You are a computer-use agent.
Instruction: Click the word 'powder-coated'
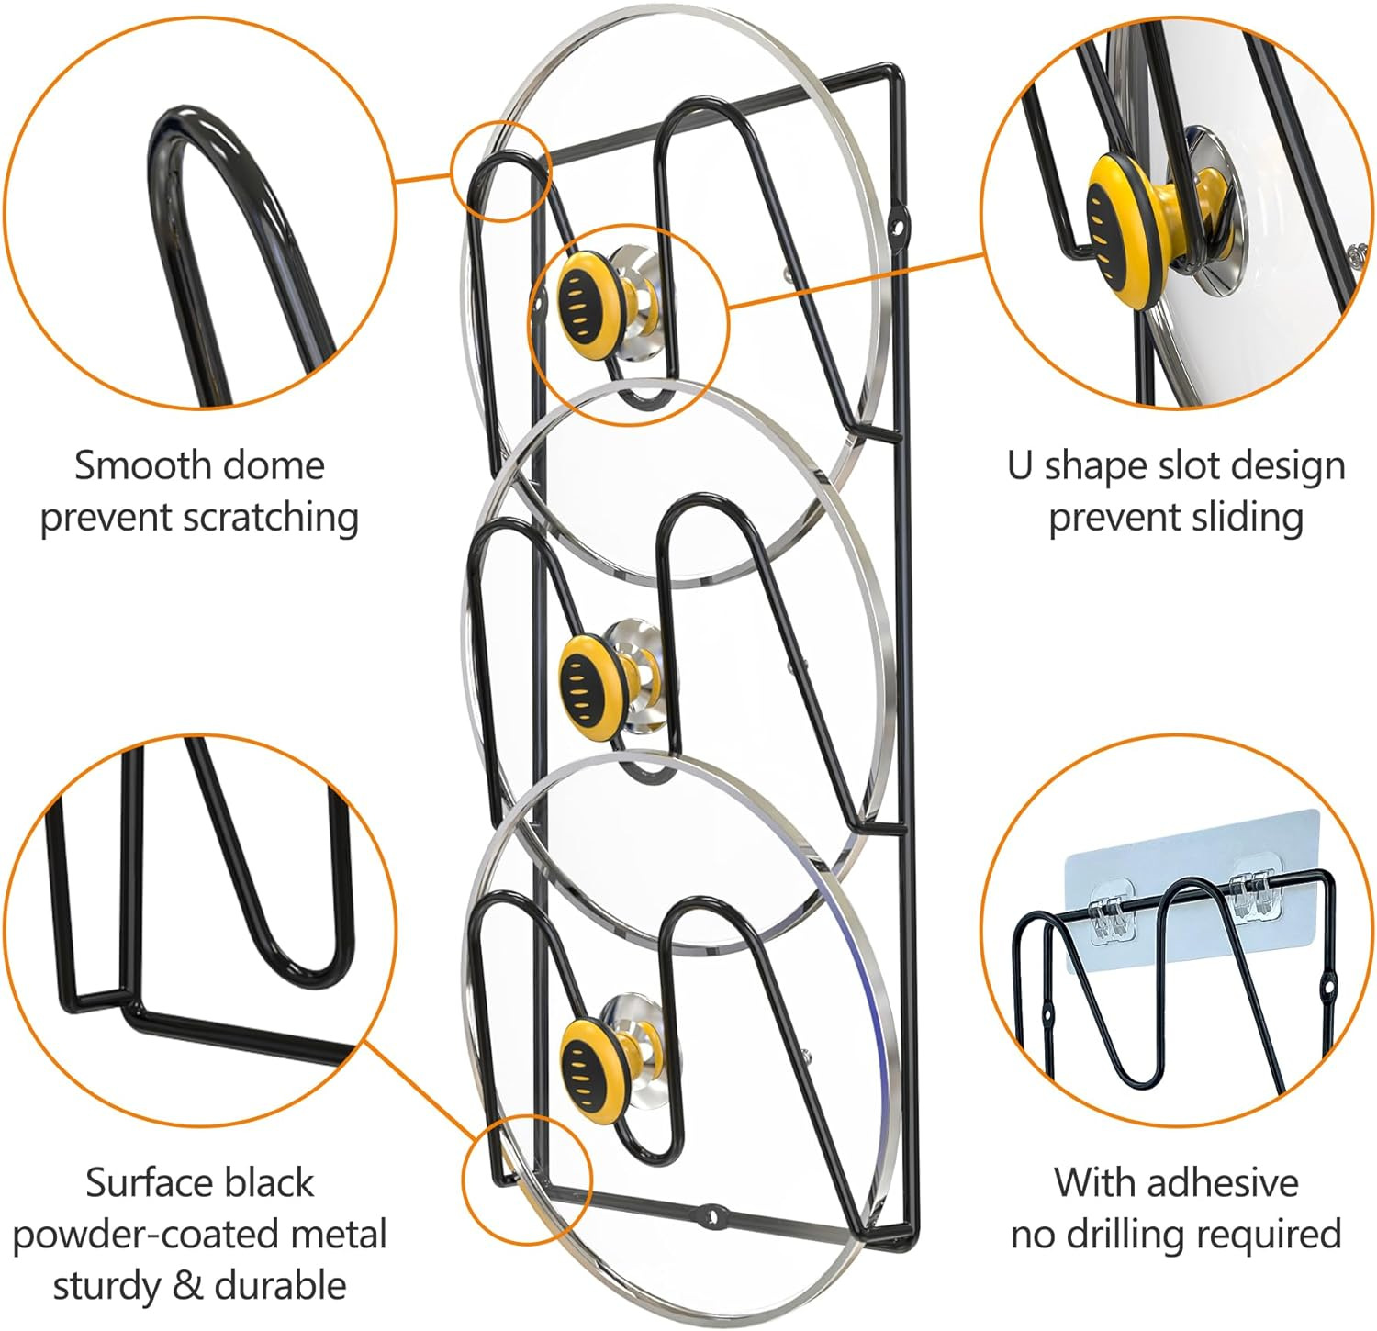click(199, 1234)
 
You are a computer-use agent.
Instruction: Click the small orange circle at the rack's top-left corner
click(501, 172)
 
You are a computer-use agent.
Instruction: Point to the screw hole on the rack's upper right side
click(901, 222)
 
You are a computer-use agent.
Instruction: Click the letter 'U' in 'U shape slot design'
click(1020, 465)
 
